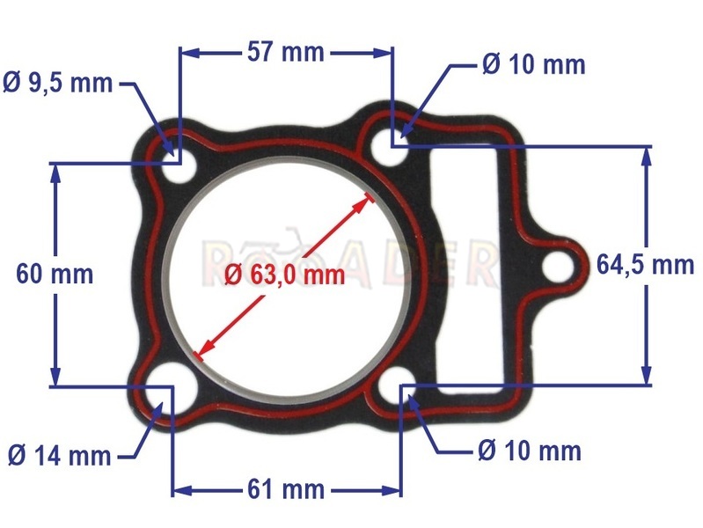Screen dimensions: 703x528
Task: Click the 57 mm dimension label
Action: tap(286, 53)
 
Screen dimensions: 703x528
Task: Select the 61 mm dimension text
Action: tap(286, 489)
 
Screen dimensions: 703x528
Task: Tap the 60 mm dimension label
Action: tap(55, 274)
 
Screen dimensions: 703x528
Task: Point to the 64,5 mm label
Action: tap(645, 265)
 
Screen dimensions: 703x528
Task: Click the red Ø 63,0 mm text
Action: tap(285, 275)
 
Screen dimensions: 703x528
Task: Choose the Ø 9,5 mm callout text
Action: tap(58, 83)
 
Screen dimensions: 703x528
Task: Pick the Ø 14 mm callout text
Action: tap(60, 456)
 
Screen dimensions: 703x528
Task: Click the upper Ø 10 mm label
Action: tap(534, 64)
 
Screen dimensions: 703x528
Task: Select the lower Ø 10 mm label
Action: tap(530, 451)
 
